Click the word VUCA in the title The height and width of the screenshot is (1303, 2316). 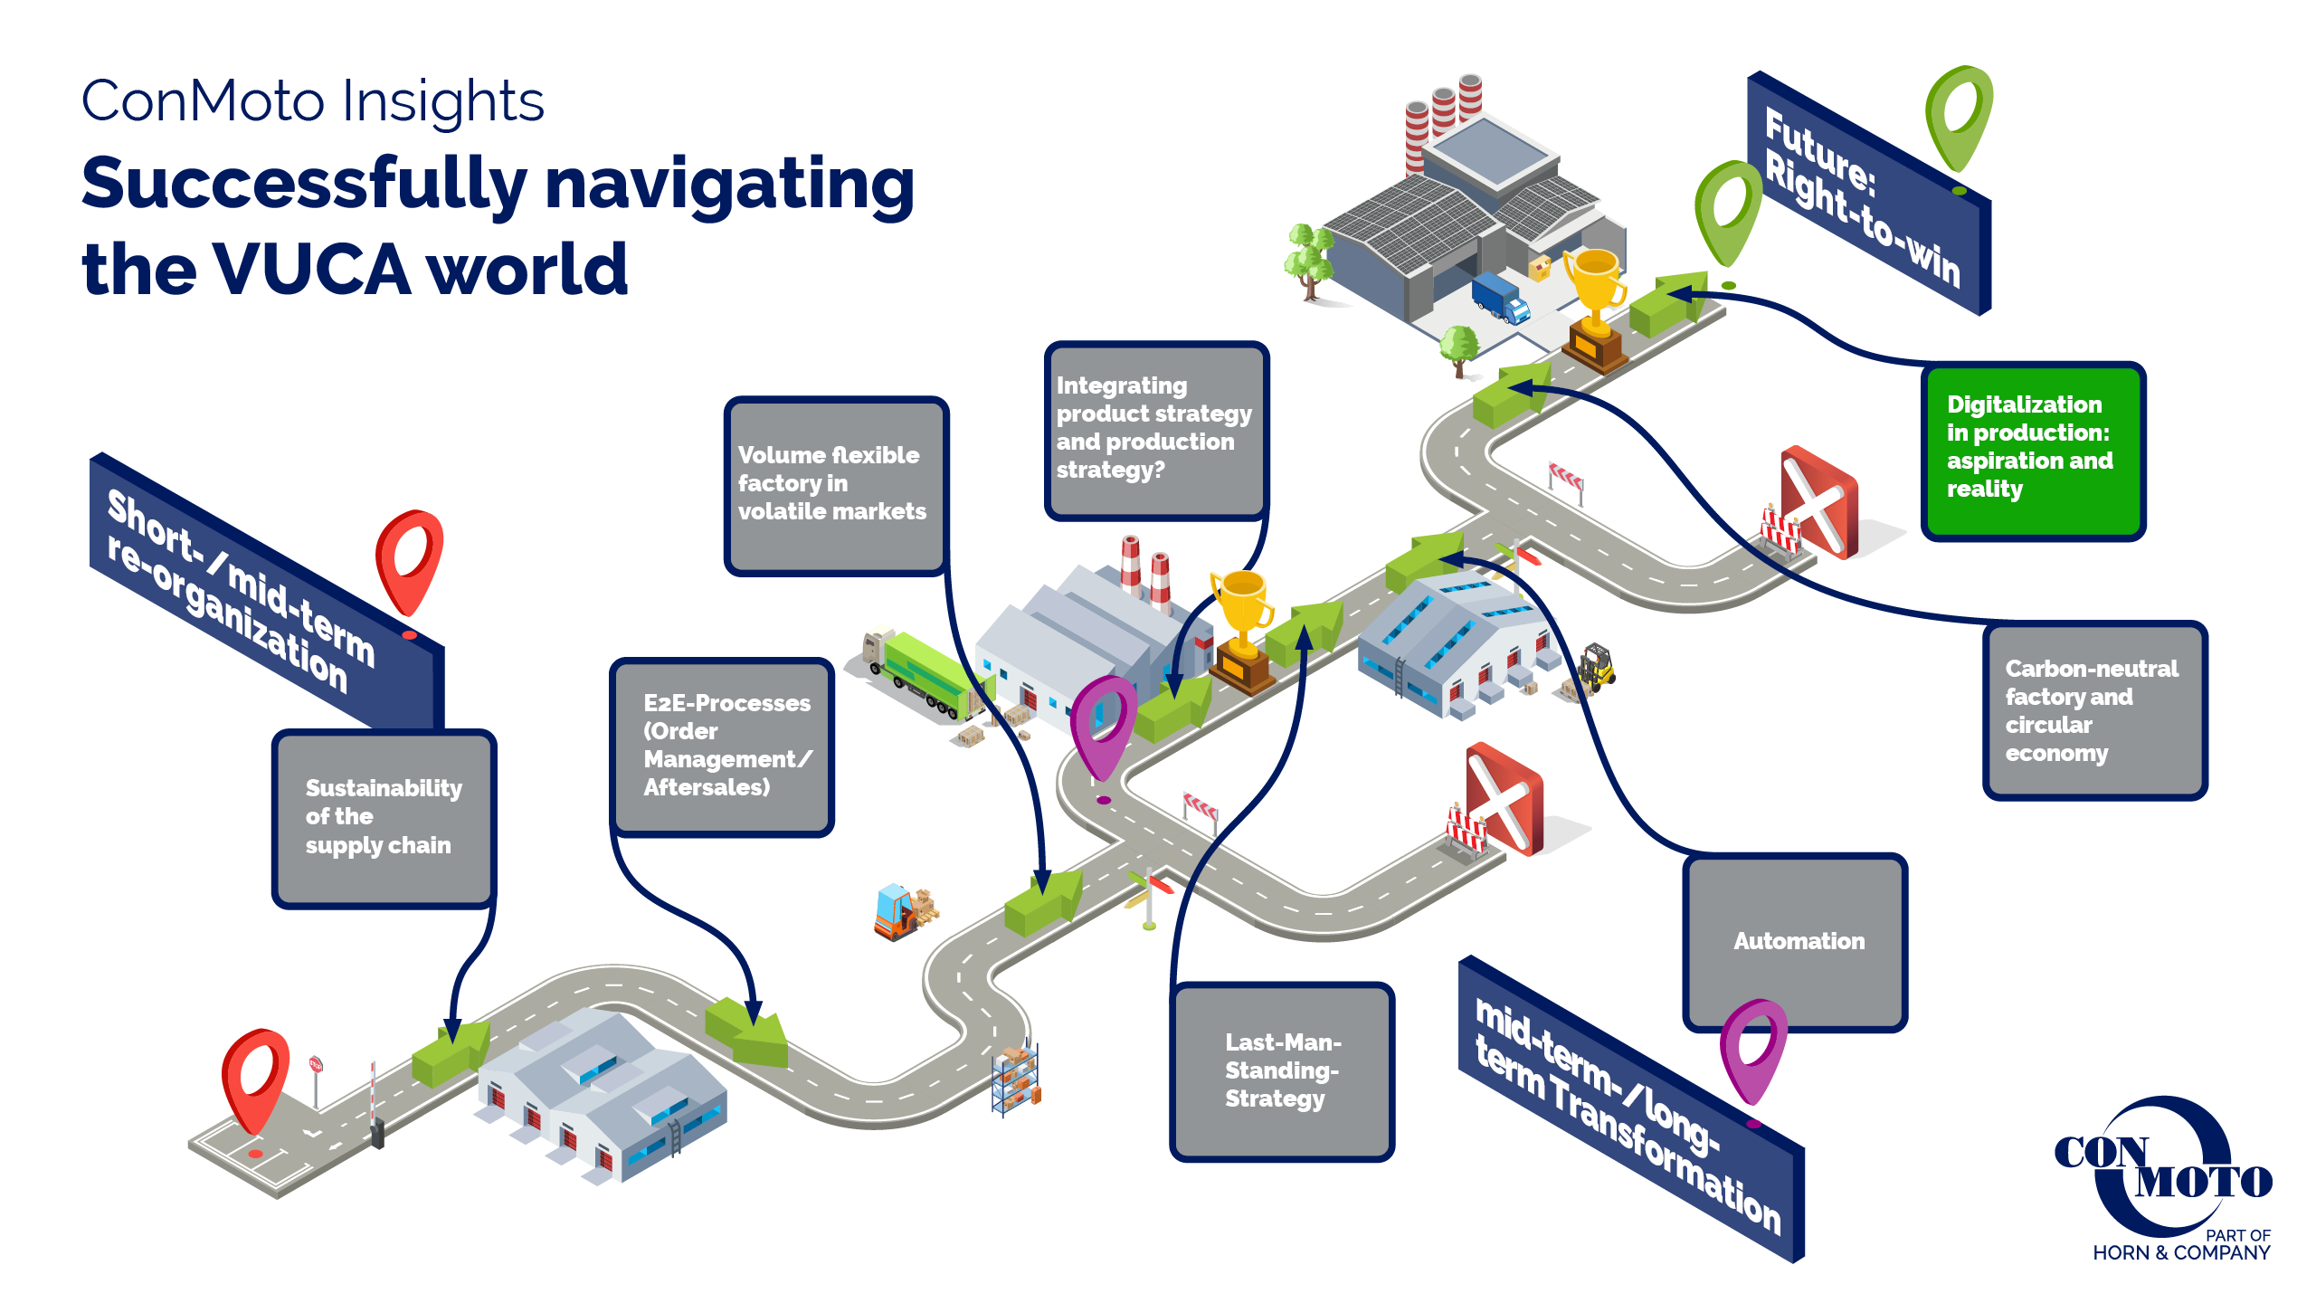tap(311, 269)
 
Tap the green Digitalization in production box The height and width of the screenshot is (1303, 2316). tap(2033, 451)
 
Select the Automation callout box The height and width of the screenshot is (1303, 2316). tap(1796, 941)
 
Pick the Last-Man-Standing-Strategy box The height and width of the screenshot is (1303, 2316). tap(1282, 1070)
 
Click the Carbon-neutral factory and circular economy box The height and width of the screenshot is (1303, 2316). tap(2094, 710)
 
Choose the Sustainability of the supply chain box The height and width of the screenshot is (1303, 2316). tap(384, 817)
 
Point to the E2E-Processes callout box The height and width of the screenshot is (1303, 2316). tap(722, 746)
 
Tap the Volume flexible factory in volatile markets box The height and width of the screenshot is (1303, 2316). tap(835, 484)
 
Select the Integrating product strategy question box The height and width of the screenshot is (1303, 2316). tap(1155, 429)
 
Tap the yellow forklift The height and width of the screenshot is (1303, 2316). tap(1595, 668)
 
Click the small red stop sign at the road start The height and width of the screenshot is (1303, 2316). tap(316, 1065)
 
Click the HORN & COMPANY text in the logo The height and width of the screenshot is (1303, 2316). tap(2181, 1253)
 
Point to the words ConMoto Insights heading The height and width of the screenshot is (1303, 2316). tap(313, 100)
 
